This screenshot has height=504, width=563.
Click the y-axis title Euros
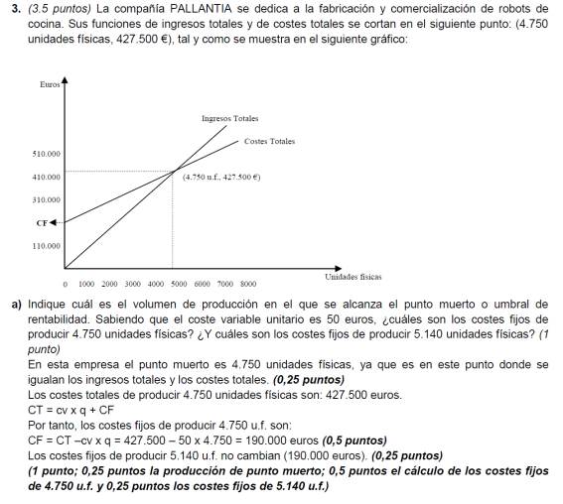coord(50,85)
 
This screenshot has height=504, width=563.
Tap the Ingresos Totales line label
coord(229,118)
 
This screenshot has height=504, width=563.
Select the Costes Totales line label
coord(269,141)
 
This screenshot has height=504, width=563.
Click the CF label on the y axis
coord(42,222)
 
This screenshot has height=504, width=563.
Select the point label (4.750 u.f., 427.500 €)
coord(221,177)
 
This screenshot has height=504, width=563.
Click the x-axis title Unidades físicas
coord(352,277)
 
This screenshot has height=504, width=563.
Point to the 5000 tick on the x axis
coord(179,284)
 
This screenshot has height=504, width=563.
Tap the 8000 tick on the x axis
coord(248,284)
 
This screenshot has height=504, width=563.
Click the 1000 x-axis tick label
coord(86,284)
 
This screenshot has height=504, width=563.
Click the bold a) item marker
coord(17,304)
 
